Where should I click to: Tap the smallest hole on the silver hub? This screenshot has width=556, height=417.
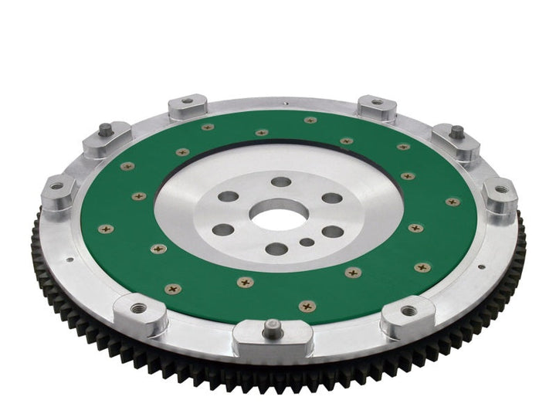click(x=307, y=242)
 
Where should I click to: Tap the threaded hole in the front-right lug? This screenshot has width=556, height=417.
click(x=409, y=310)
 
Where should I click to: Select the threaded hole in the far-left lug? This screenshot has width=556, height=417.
click(x=56, y=185)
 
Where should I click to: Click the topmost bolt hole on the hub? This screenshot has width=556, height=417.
click(x=283, y=181)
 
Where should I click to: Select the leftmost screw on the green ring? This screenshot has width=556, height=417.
click(x=107, y=229)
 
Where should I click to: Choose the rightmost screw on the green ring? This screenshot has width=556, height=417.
click(x=453, y=202)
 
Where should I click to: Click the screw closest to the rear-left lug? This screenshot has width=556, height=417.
click(x=208, y=127)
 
